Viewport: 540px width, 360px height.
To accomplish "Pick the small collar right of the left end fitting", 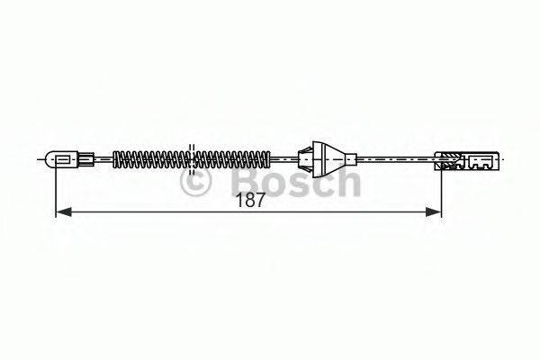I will pyautogui.click(x=86, y=161).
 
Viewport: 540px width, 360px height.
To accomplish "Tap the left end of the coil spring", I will pyautogui.click(x=115, y=161).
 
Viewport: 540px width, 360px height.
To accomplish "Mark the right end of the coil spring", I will pyautogui.click(x=267, y=161).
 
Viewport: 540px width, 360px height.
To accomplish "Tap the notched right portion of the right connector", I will pyautogui.click(x=482, y=161).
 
